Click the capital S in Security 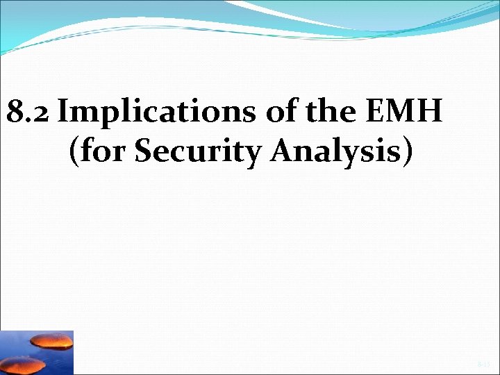(143, 151)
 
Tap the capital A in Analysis (283, 151)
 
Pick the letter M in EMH (410, 110)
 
